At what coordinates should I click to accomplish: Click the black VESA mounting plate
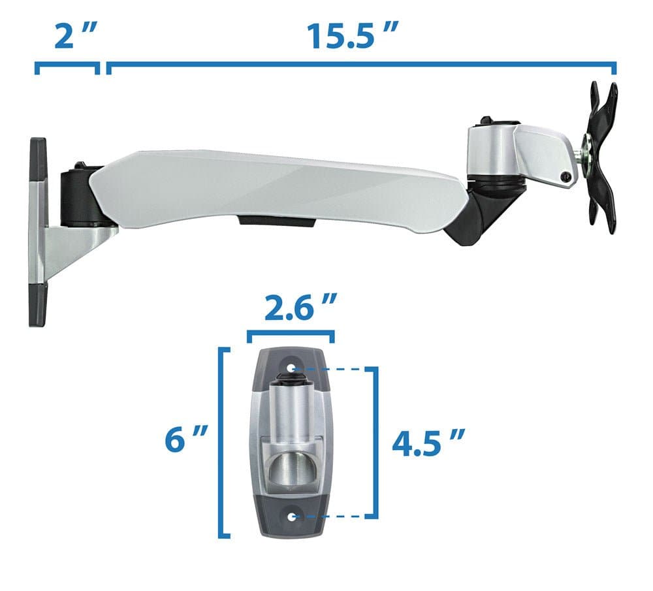(x=603, y=156)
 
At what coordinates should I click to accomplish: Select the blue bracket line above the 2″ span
(x=67, y=65)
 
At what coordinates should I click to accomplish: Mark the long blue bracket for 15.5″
(x=361, y=65)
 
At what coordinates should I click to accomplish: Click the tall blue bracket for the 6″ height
(x=224, y=444)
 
